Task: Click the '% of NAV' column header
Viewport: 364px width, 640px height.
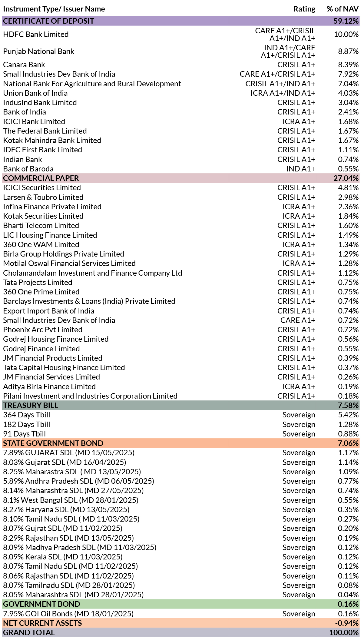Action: coord(343,9)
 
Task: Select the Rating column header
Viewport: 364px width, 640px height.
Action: coord(304,9)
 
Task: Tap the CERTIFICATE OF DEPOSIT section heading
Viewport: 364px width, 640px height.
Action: coord(49,21)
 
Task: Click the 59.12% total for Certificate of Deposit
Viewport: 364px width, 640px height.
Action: coord(346,21)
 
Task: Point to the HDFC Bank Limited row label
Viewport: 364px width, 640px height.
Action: coord(36,34)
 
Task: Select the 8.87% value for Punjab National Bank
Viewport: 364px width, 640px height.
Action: coord(348,51)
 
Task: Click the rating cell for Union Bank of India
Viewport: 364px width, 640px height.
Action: coord(283,93)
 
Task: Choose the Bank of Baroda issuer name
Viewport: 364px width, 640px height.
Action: coord(28,169)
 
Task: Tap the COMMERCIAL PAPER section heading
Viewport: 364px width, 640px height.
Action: coord(41,178)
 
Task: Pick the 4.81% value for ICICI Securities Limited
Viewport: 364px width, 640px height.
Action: coord(348,187)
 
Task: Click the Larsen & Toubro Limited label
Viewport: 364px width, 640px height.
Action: coord(43,197)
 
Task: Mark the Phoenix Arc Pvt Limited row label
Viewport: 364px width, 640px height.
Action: coord(43,330)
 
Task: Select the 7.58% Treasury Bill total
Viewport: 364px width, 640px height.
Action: coord(348,405)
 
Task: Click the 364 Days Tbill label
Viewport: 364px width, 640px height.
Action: coord(27,415)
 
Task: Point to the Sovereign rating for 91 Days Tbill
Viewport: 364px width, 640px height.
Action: coord(299,434)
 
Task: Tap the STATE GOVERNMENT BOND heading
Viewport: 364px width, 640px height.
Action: coord(53,443)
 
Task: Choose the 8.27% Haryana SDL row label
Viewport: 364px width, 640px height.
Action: coord(66,509)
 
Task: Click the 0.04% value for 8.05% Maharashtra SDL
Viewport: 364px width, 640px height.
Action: coord(348,595)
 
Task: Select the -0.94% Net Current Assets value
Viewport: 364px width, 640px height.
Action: coord(347,623)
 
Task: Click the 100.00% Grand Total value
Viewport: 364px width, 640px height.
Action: coord(344,632)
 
